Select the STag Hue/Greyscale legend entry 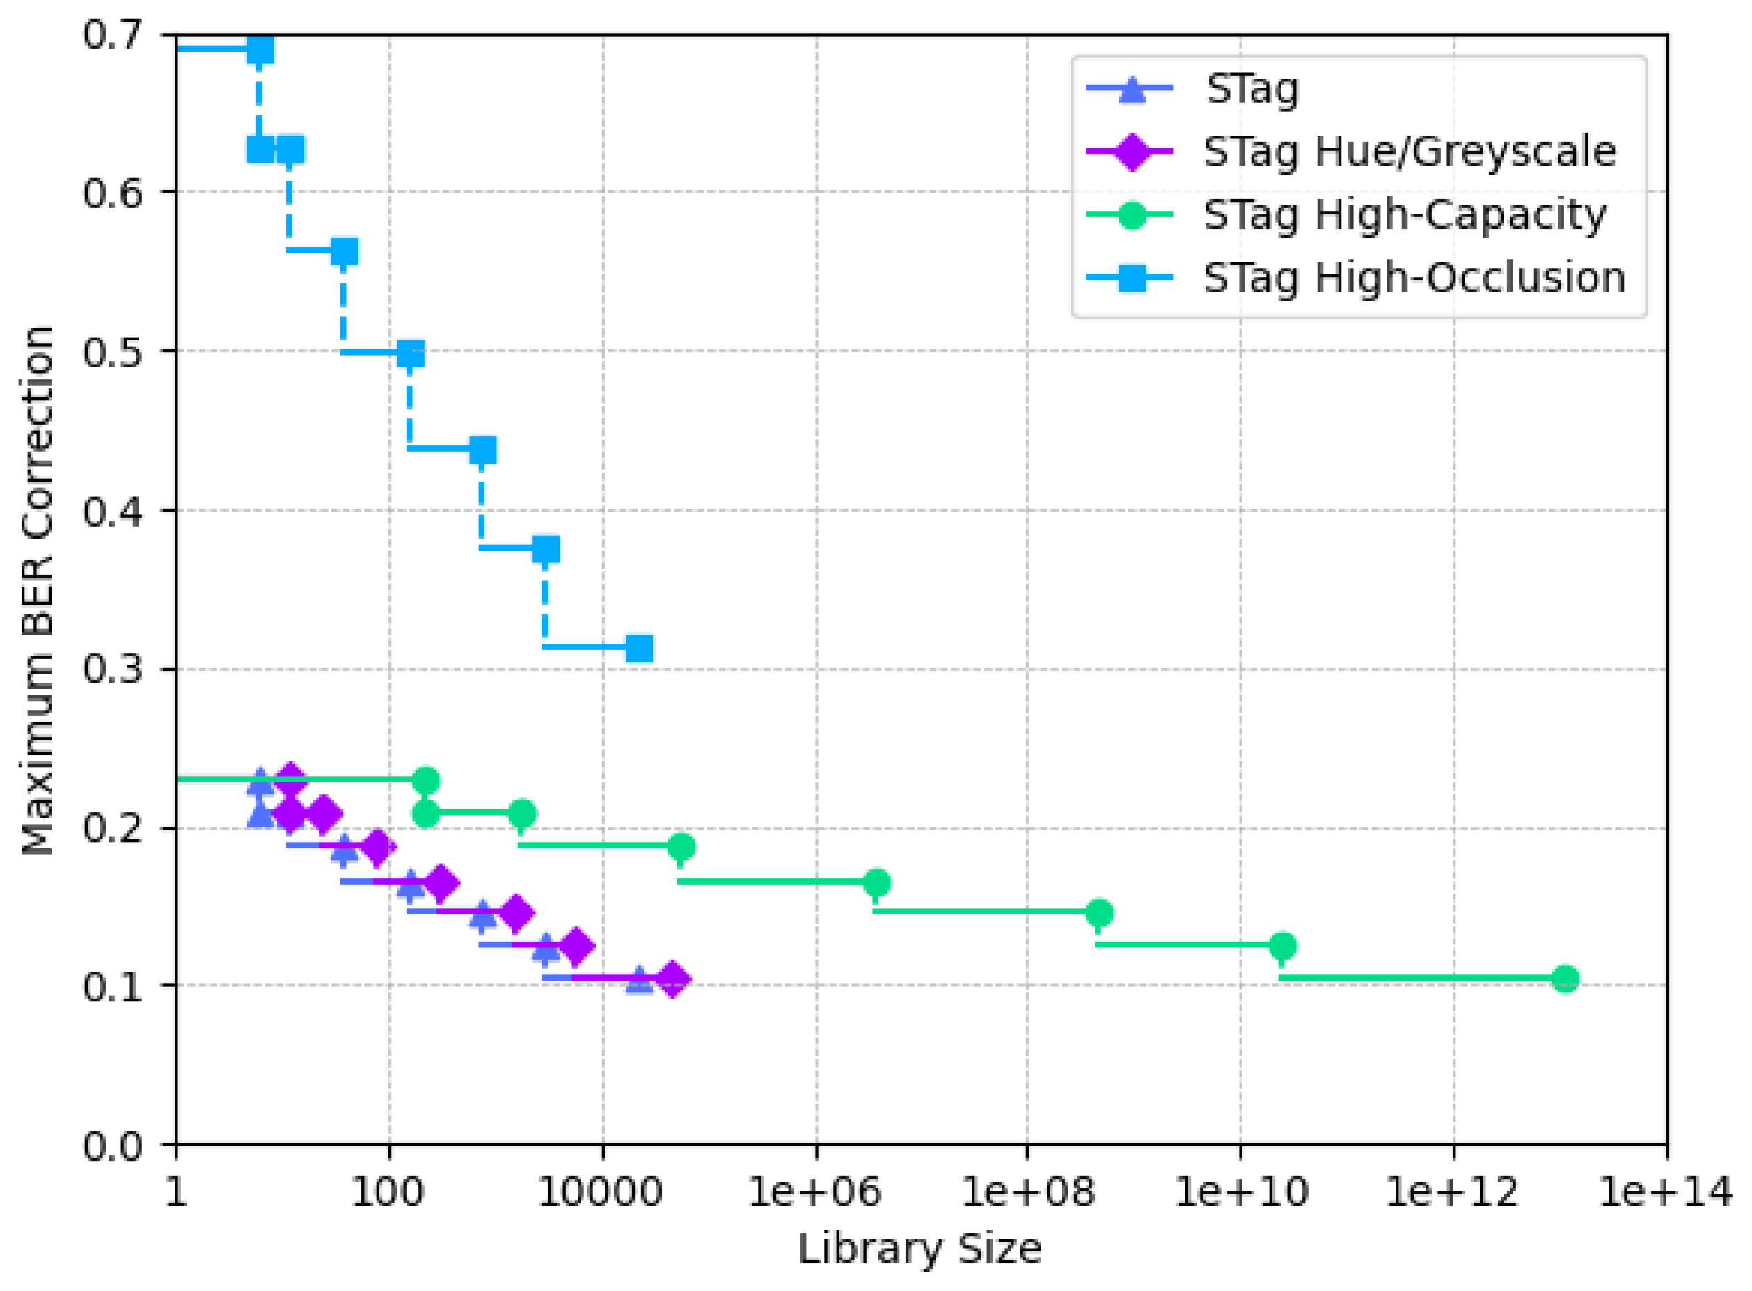(x=1408, y=152)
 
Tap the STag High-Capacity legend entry (x=1403, y=215)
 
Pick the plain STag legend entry (x=1252, y=89)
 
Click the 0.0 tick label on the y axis (x=113, y=1146)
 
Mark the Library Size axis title (x=919, y=1249)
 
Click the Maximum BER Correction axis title (x=38, y=591)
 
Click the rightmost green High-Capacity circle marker (x=1565, y=979)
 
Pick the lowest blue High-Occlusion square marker (x=639, y=648)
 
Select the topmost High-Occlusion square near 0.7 (x=260, y=50)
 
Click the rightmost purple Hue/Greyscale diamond (x=672, y=979)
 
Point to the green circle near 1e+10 (x=1281, y=946)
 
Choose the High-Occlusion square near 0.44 (x=483, y=450)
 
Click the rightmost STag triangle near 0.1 (x=639, y=980)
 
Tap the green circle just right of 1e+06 (x=877, y=883)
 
